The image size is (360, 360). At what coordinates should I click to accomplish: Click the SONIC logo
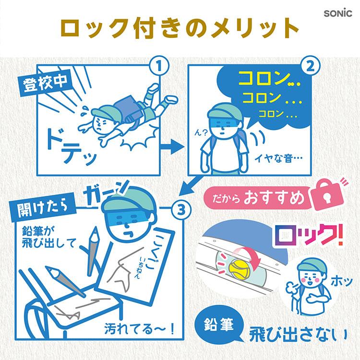(338, 13)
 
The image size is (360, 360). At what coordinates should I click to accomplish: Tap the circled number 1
(159, 67)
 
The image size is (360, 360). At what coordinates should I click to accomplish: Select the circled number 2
(310, 67)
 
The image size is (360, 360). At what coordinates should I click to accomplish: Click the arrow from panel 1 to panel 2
(172, 146)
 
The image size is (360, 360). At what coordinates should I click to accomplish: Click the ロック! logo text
(308, 235)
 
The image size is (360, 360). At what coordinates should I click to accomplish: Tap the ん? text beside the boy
(201, 133)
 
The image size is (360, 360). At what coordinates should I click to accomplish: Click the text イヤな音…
(278, 158)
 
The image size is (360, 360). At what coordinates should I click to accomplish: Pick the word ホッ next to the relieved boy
(341, 281)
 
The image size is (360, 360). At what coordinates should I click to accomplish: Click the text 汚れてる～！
(139, 329)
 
